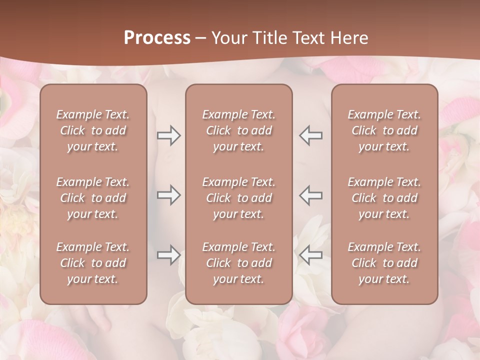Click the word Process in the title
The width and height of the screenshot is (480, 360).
point(157,38)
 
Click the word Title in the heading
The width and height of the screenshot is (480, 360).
point(269,38)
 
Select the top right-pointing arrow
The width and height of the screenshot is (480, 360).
point(168,135)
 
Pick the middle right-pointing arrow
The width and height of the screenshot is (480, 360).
point(168,195)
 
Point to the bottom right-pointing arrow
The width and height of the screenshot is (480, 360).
point(168,255)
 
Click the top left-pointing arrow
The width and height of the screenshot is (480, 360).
point(311,135)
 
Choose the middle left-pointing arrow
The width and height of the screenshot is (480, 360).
point(311,195)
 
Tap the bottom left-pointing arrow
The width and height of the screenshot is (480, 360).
point(311,255)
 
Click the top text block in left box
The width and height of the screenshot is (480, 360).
point(93,130)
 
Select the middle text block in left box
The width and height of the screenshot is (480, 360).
point(93,198)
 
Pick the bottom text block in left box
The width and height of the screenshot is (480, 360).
point(93,263)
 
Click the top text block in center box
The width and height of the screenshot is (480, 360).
point(239,130)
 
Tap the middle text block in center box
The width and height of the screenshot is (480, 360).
point(239,198)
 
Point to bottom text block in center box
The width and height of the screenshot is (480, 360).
point(239,263)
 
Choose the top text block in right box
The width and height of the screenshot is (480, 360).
point(384,130)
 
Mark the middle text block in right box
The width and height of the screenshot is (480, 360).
point(384,198)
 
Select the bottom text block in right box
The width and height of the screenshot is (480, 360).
point(384,263)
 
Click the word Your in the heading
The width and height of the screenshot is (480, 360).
point(229,38)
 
